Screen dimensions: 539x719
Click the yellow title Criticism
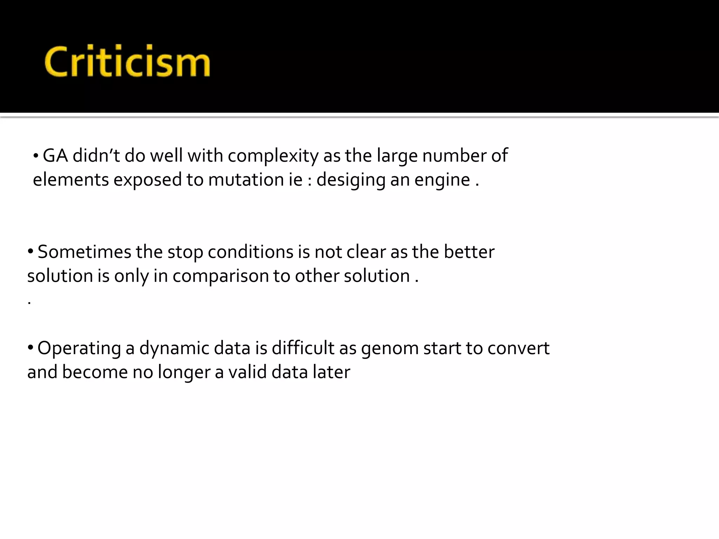point(127,61)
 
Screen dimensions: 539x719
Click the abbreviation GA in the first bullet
point(55,155)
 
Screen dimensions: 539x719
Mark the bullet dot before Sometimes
point(31,252)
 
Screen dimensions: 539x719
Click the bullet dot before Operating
point(31,348)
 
